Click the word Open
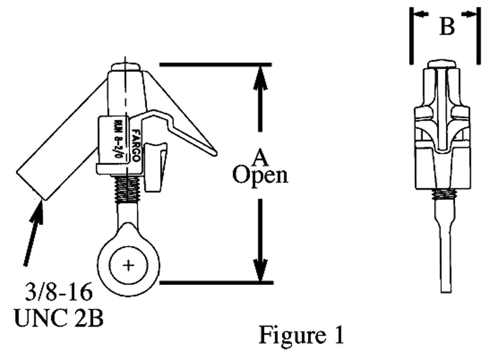tap(260, 175)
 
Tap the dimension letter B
tap(447, 28)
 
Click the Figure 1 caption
tap(302, 335)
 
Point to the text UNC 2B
tap(59, 319)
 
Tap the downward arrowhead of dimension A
tap(260, 270)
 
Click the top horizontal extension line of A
tap(216, 65)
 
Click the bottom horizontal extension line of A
tap(216, 283)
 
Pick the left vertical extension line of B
tap(411, 35)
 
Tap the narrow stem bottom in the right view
tap(445, 282)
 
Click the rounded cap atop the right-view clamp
tap(444, 63)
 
